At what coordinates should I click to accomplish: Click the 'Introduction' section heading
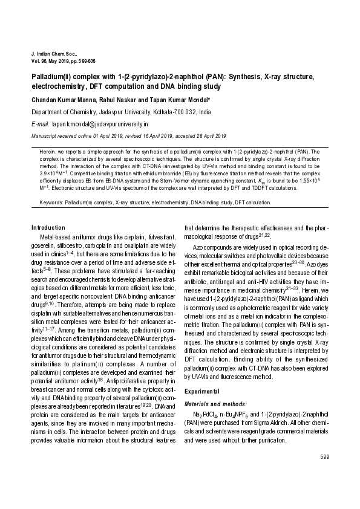pos(48,227)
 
